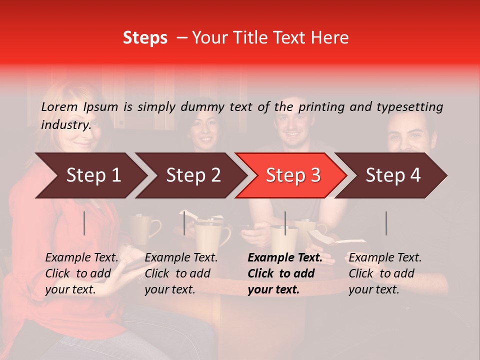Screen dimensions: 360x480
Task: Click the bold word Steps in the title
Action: tap(145, 38)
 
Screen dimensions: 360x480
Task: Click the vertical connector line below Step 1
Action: tap(84, 223)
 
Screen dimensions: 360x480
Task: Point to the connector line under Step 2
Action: tap(184, 223)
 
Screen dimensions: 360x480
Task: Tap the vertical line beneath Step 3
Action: tap(285, 223)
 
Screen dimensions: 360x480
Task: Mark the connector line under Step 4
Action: tap(386, 223)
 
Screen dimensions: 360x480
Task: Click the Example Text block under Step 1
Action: tap(81, 273)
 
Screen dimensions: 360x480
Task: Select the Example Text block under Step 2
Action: tap(181, 273)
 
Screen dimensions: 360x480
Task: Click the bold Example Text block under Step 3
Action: tap(284, 273)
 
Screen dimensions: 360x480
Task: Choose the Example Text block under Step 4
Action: tap(385, 273)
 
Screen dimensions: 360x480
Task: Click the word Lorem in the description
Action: tap(59, 106)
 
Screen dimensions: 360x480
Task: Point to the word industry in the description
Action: tap(66, 125)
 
